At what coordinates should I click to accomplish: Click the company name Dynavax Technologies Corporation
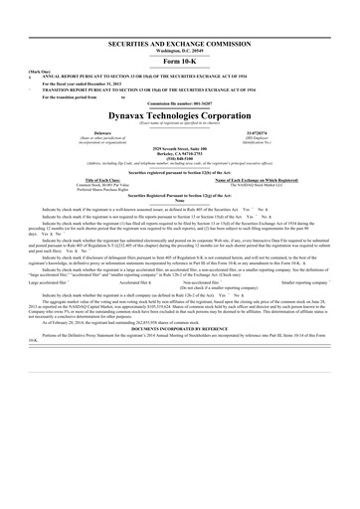coord(180,115)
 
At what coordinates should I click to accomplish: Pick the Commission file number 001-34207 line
coord(180,103)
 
